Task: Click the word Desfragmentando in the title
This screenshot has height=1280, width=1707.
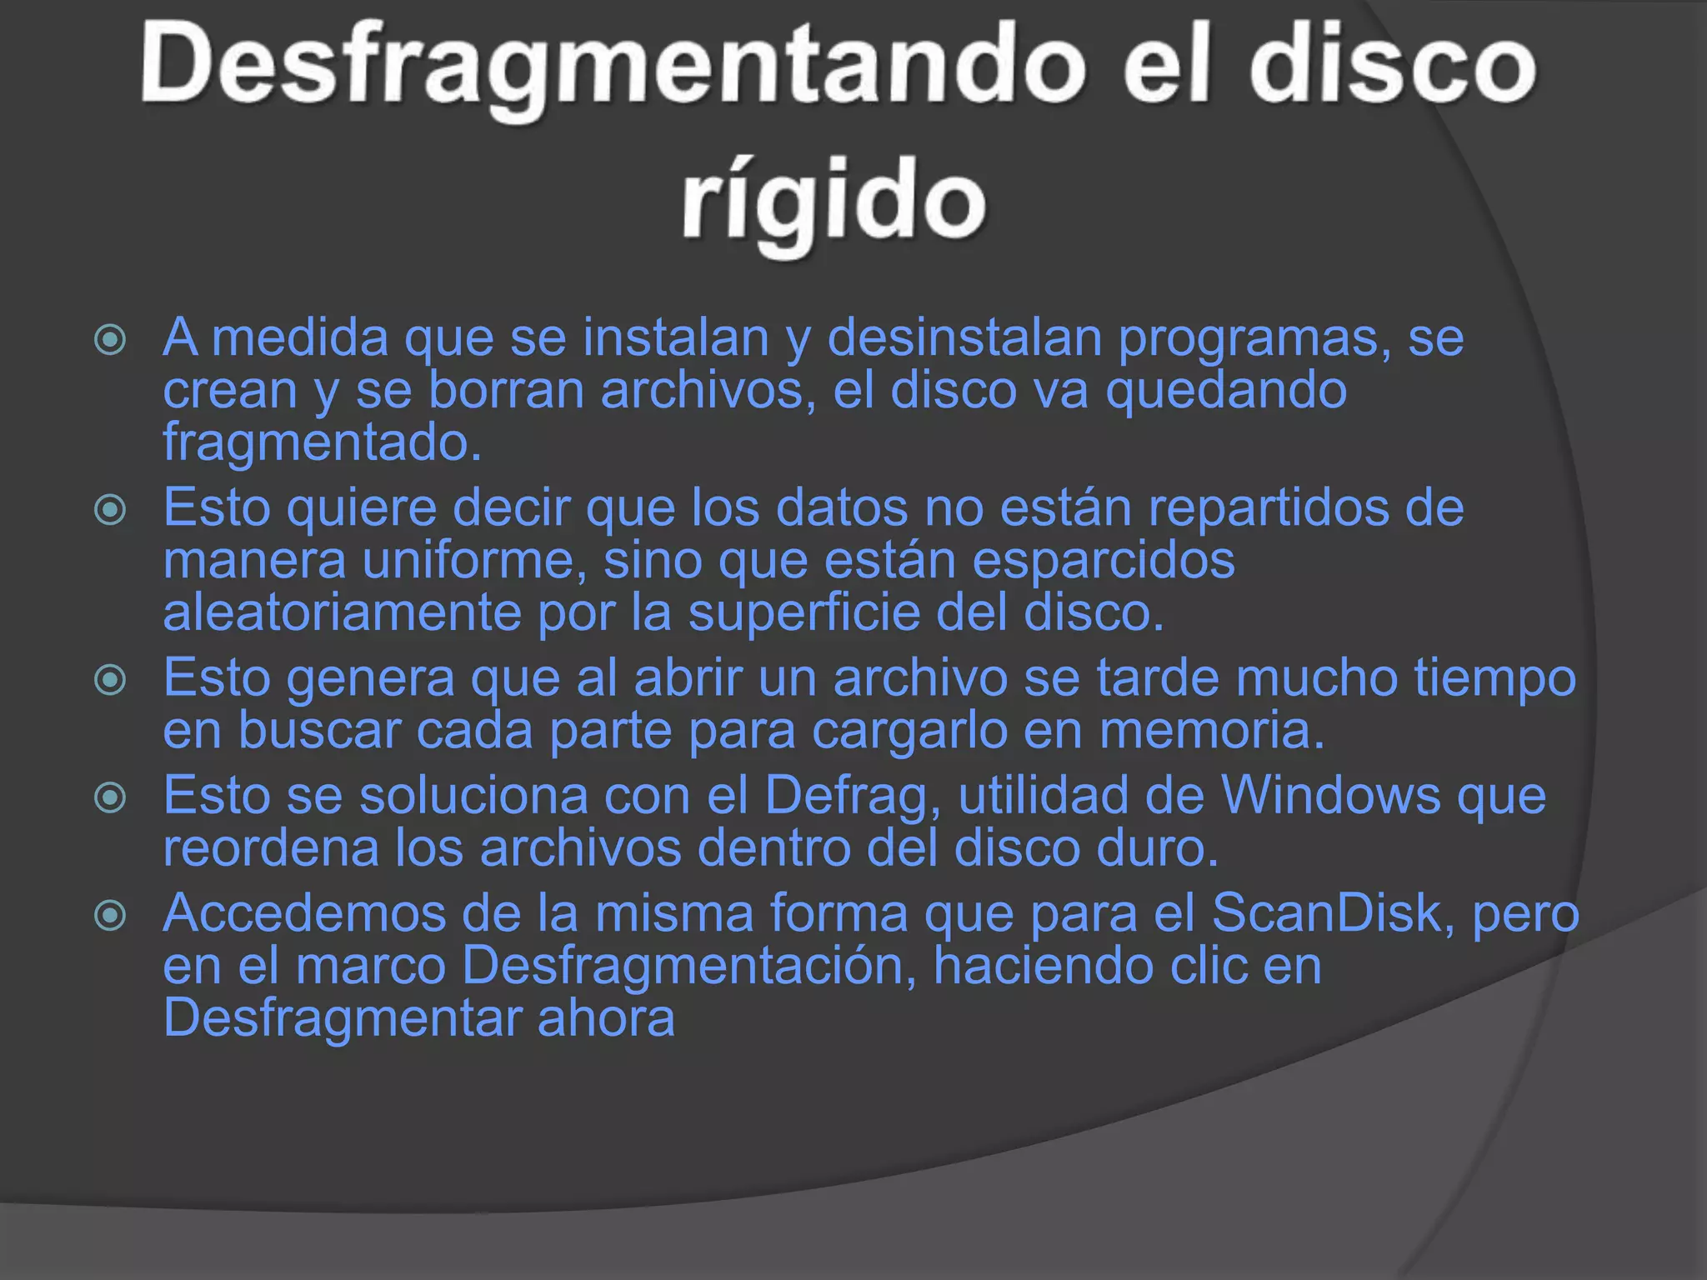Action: (613, 67)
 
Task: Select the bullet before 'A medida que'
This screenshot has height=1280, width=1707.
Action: (110, 339)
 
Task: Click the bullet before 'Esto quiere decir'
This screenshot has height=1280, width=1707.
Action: (110, 509)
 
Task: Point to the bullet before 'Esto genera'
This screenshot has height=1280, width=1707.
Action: (110, 679)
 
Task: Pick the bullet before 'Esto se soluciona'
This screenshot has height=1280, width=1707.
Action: (110, 797)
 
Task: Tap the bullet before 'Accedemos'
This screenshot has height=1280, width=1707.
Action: (110, 916)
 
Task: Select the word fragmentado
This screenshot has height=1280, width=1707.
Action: (322, 443)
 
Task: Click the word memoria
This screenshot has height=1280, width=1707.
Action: (1211, 731)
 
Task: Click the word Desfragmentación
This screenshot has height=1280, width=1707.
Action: (688, 967)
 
